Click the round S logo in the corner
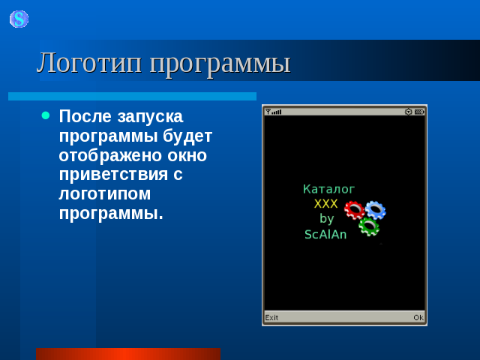pos(19,19)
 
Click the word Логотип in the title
pos(89,63)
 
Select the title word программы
pos(220,64)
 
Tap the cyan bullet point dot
pos(46,115)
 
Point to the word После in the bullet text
pos(85,116)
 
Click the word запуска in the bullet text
pos(150,118)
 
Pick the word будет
pos(187,136)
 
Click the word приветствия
pos(113,175)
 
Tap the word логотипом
pos(105,194)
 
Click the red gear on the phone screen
pos(354,210)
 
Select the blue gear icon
pos(376,210)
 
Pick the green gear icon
pos(369,226)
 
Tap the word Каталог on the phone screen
pos(328,189)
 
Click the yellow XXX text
pos(325,204)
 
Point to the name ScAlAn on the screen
pos(325,235)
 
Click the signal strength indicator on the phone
pos(273,112)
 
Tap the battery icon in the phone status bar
pos(419,112)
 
